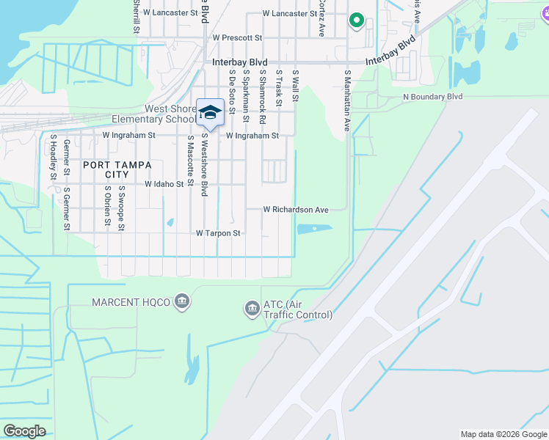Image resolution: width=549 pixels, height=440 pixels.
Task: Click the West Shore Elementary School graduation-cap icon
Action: (x=210, y=112)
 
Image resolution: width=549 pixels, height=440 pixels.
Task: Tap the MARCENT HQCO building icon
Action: (x=182, y=301)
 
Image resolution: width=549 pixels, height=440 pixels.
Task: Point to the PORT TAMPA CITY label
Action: (x=111, y=169)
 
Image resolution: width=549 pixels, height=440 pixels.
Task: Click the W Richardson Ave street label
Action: (x=296, y=210)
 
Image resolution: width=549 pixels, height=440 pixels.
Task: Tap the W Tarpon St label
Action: (x=218, y=233)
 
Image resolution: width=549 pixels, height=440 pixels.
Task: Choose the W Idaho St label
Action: (x=164, y=185)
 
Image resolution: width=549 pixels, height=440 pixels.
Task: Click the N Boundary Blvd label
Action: (x=432, y=96)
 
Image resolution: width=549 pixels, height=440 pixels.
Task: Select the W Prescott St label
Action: (x=237, y=37)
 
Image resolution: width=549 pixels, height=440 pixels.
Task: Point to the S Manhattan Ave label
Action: (x=347, y=100)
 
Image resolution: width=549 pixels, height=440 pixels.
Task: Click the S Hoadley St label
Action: (x=54, y=157)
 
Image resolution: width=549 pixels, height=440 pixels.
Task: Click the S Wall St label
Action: (x=296, y=85)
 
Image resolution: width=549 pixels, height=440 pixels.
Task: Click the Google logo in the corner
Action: (x=24, y=431)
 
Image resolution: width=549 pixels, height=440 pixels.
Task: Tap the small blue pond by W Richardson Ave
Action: (x=314, y=229)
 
